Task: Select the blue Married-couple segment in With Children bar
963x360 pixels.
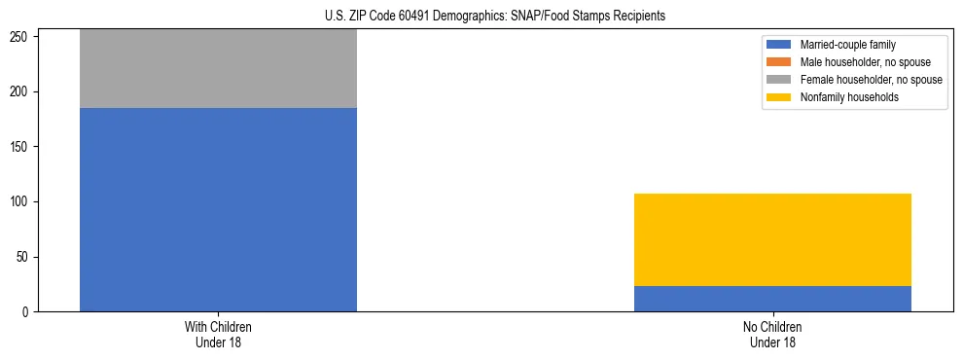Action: pyautogui.click(x=218, y=209)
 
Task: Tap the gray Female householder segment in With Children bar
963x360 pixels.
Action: pyautogui.click(x=218, y=68)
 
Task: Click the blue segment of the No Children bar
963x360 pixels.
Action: pyautogui.click(x=772, y=299)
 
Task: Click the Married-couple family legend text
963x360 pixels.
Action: pyautogui.click(x=848, y=45)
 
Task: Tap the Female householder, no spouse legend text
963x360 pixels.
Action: pyautogui.click(x=871, y=80)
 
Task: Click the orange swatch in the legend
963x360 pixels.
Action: pyautogui.click(x=779, y=62)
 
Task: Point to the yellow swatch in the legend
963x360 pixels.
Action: pyautogui.click(x=779, y=97)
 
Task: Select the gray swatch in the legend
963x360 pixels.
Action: pyautogui.click(x=779, y=80)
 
